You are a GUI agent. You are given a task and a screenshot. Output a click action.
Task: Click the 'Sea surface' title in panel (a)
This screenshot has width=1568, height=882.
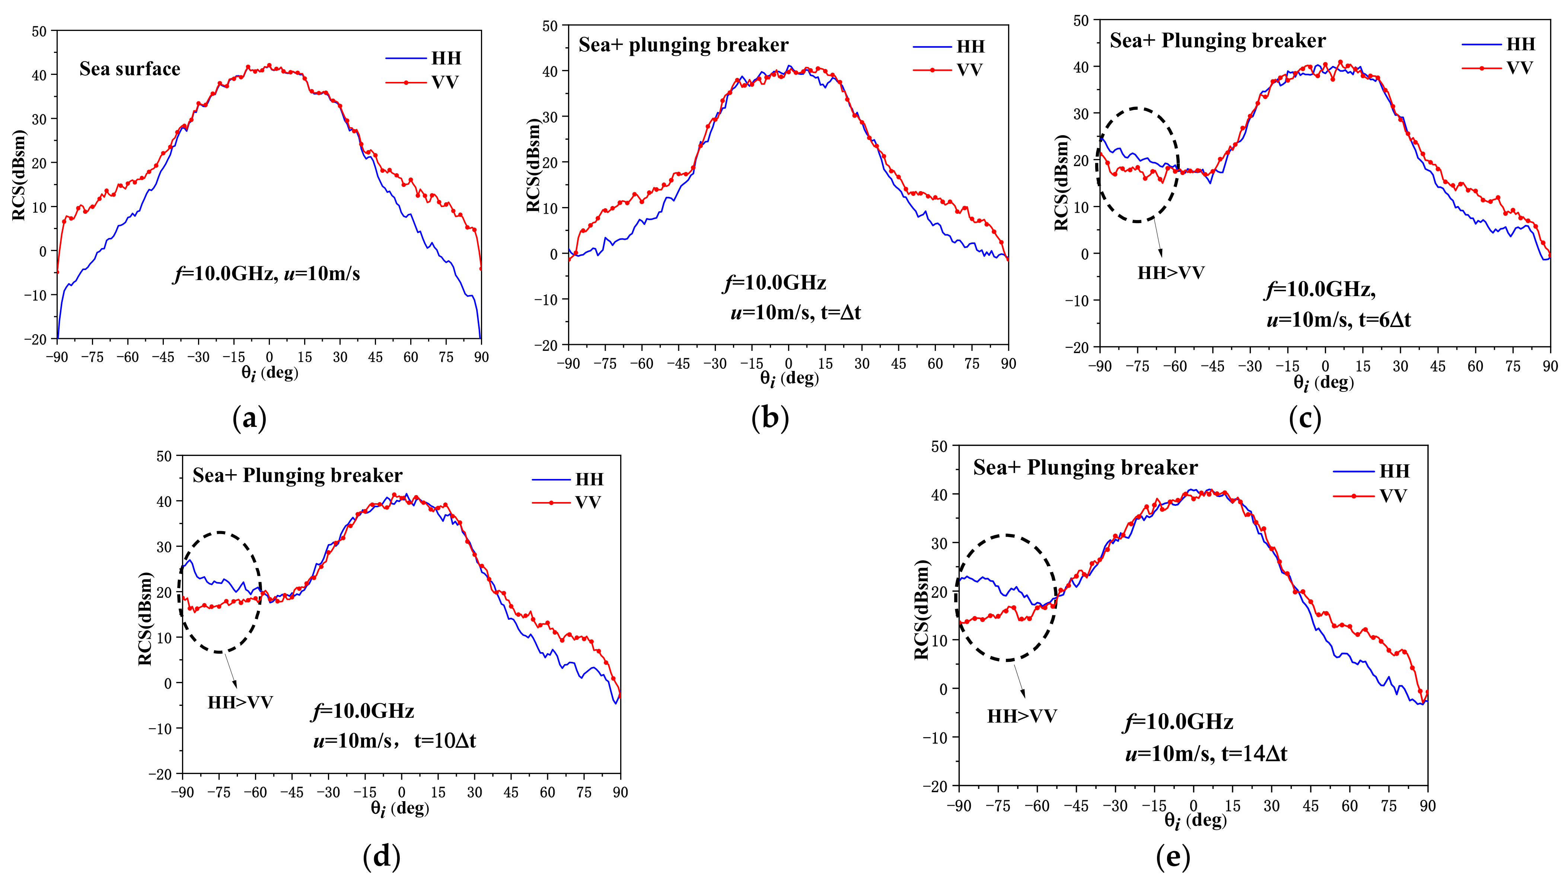pyautogui.click(x=130, y=69)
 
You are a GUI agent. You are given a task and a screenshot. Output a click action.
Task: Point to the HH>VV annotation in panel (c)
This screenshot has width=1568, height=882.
pyautogui.click(x=1170, y=273)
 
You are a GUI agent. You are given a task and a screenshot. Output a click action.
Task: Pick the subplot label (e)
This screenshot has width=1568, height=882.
pyautogui.click(x=1172, y=856)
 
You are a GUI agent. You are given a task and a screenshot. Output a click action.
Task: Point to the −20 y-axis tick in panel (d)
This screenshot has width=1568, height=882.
pyautogui.click(x=161, y=774)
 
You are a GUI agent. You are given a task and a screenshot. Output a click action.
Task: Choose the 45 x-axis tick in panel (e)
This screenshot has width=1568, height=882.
pyautogui.click(x=1310, y=806)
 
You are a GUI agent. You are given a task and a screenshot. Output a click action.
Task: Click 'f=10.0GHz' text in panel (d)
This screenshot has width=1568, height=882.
pyautogui.click(x=363, y=711)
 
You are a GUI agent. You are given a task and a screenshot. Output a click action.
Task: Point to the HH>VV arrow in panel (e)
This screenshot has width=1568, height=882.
pyautogui.click(x=1019, y=681)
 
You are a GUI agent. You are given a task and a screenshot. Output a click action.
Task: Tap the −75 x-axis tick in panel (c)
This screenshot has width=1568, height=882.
pyautogui.click(x=1137, y=366)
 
